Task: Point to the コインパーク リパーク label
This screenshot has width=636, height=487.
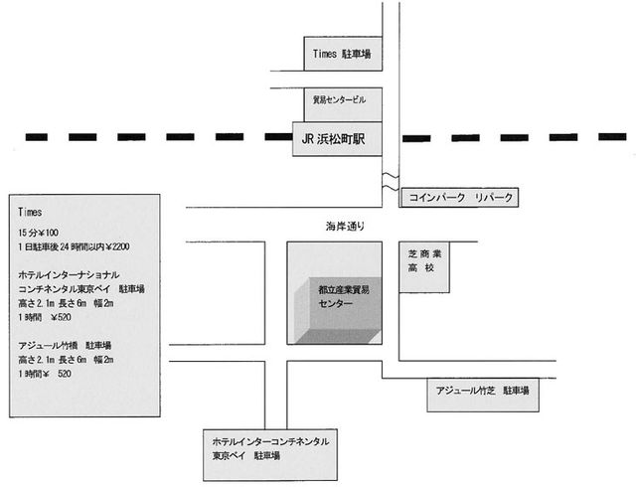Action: pos(458,198)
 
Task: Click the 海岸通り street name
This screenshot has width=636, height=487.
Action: pos(344,225)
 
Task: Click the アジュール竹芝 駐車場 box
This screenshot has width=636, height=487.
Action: pos(480,393)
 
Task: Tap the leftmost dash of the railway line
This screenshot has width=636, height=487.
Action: pos(37,136)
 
